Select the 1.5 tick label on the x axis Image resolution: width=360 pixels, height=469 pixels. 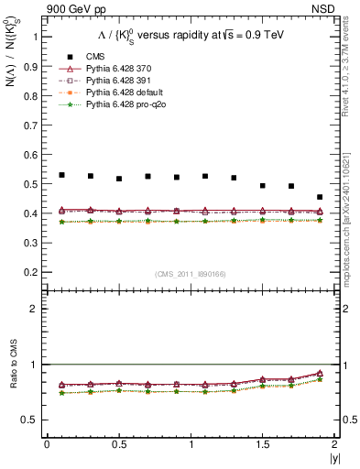263,445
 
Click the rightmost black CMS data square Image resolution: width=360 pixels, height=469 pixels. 320,197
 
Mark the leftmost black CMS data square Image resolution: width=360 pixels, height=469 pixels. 61,175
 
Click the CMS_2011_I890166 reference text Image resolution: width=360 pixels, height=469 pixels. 190,274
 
